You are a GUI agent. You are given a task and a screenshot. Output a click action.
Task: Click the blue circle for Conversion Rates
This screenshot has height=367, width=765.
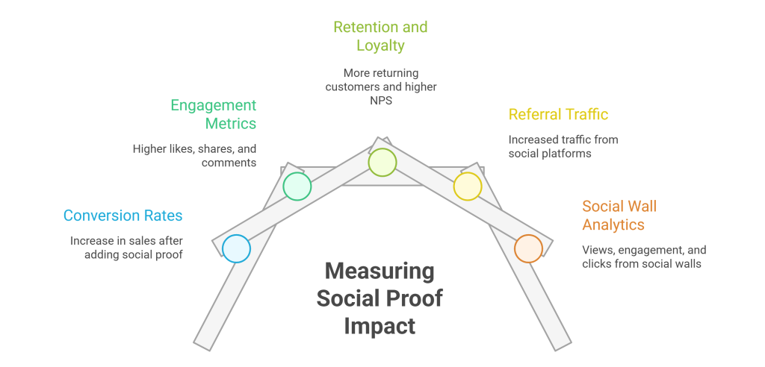tap(236, 248)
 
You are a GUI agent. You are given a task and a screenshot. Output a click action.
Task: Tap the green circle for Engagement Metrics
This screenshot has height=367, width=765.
tap(297, 186)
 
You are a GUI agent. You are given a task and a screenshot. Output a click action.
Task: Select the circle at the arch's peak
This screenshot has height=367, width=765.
tap(382, 162)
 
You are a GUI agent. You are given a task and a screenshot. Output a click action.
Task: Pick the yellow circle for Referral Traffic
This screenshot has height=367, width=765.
tap(468, 186)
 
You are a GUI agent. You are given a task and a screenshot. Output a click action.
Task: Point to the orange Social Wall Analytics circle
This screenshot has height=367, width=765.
tap(528, 248)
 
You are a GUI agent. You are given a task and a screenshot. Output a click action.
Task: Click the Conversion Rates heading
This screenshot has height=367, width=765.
tap(123, 216)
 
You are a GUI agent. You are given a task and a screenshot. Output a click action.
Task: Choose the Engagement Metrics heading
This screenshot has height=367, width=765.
tap(214, 114)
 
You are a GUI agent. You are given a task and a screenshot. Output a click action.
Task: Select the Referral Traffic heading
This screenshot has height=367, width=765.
tap(558, 114)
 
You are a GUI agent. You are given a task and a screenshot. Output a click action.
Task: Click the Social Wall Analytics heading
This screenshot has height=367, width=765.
tap(619, 215)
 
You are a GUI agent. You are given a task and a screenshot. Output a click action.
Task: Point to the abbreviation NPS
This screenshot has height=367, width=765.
tap(380, 100)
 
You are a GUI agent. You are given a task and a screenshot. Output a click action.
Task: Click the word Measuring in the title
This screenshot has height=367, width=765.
tap(380, 271)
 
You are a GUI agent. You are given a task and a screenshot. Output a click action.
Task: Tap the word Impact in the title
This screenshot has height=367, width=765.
tap(380, 325)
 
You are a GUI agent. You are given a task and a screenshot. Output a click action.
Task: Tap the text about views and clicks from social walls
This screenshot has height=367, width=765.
tap(643, 257)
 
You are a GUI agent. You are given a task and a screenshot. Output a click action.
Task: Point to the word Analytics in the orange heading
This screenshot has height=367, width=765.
tap(614, 224)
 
